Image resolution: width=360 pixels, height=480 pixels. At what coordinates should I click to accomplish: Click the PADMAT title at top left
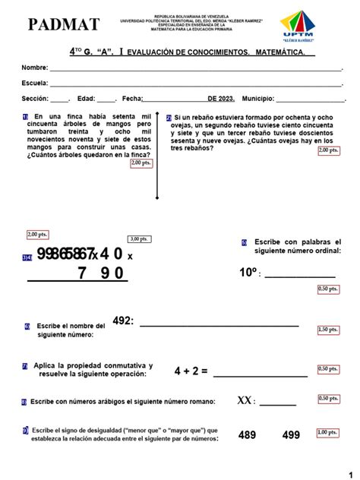point(63,25)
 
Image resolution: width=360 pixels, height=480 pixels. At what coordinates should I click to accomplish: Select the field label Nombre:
point(35,68)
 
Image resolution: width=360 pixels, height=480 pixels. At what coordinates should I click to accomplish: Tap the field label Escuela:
point(35,84)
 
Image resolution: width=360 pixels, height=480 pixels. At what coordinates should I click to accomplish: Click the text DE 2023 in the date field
point(221,99)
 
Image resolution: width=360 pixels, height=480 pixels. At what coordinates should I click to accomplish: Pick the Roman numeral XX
point(245,400)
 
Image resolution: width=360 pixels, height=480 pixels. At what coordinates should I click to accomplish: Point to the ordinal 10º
point(249,273)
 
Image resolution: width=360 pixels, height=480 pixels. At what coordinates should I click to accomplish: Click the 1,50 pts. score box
point(328,330)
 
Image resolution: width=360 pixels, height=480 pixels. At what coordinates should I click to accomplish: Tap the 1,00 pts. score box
point(328,432)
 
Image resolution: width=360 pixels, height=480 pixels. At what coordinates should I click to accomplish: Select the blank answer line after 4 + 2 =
point(260,374)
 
